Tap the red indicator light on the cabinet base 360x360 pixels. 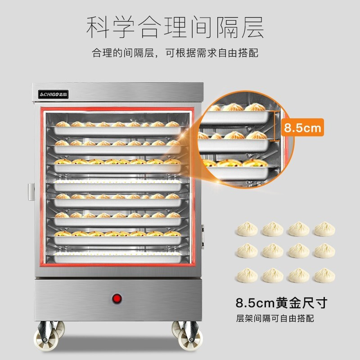(117, 298)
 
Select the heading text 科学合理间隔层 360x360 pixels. (175, 27)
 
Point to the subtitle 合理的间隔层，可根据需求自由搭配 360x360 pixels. (175, 54)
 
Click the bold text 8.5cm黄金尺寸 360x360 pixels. (281, 302)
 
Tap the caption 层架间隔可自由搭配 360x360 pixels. (275, 319)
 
